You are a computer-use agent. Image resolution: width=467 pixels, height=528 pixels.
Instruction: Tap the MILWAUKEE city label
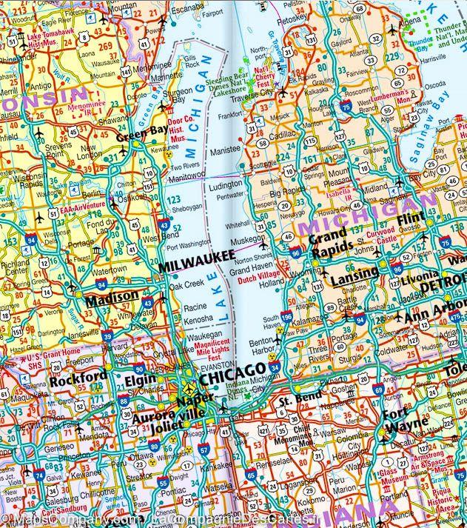click(192, 266)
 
